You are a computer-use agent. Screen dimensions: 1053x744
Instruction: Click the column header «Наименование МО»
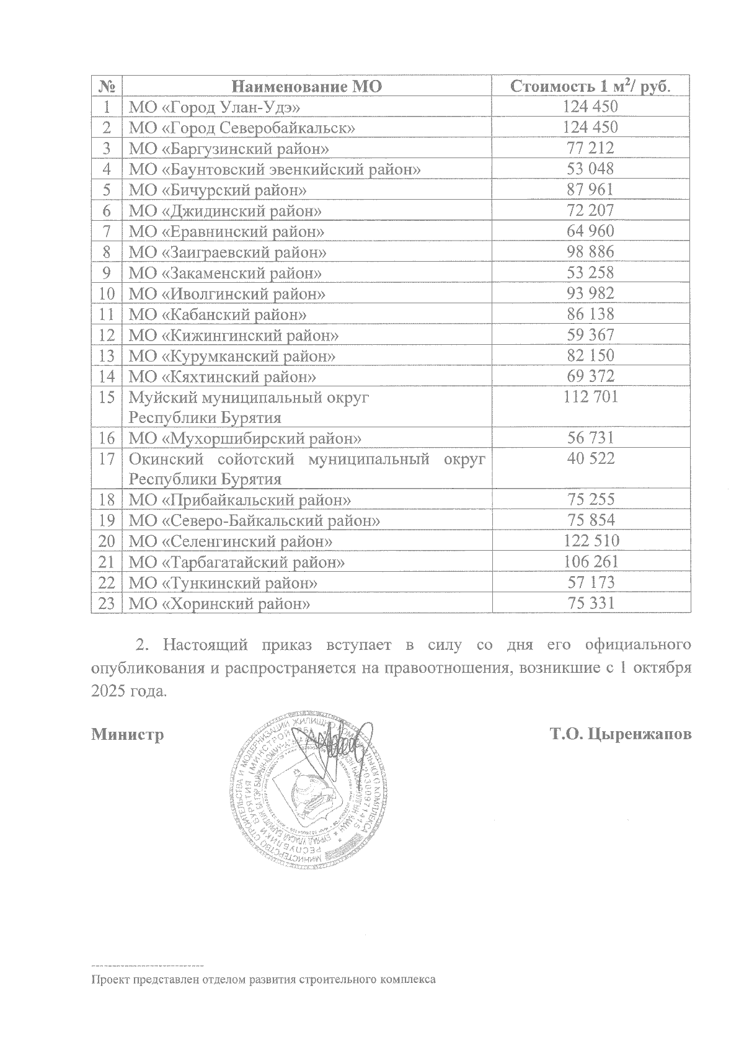307,86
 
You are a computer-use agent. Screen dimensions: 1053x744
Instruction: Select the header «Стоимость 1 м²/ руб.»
590,86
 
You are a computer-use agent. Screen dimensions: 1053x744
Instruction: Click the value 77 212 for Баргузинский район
590,148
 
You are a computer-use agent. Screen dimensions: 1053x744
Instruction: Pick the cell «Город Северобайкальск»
242,128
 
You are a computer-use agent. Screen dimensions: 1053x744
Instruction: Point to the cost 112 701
590,397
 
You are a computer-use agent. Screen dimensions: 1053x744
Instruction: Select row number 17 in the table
107,460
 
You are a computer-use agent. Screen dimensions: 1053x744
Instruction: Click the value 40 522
590,459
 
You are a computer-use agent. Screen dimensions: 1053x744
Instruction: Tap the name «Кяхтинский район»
223,376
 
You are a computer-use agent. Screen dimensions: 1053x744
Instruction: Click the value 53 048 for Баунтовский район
590,169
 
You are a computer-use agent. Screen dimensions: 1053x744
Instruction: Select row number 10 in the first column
107,293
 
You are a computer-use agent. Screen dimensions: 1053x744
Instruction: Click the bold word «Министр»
128,735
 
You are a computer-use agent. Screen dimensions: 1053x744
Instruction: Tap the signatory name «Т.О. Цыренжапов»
621,735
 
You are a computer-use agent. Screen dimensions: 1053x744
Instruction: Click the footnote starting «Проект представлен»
263,980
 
